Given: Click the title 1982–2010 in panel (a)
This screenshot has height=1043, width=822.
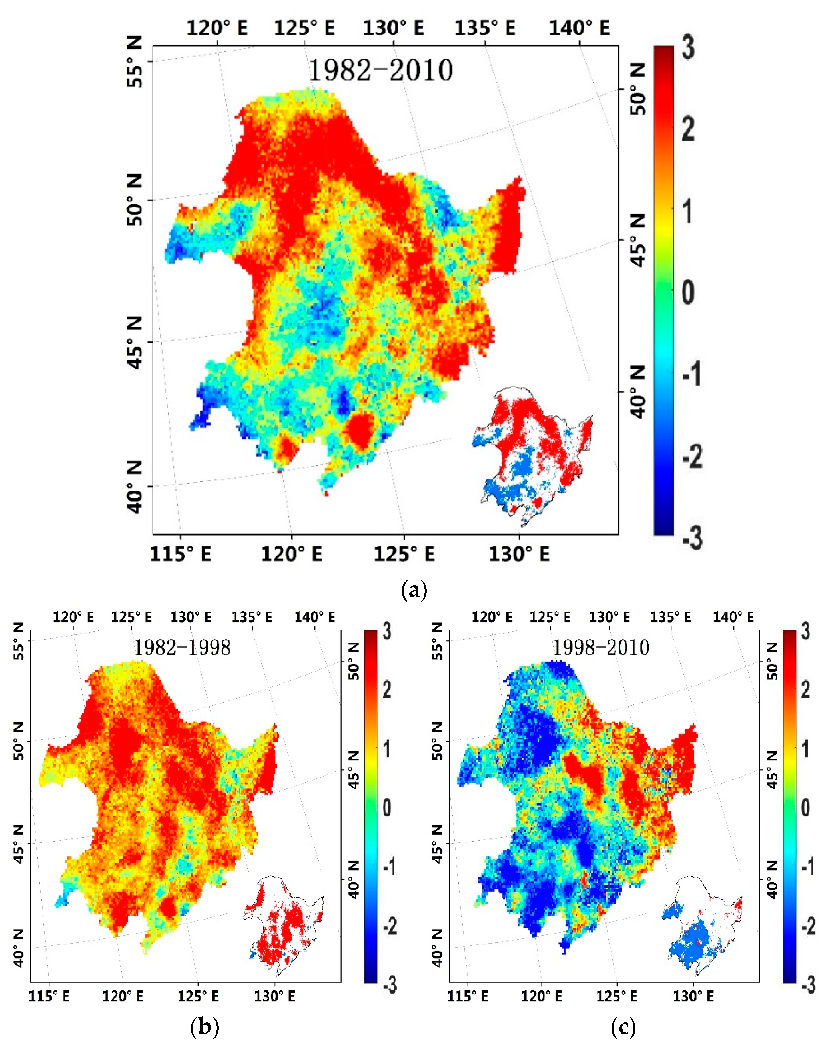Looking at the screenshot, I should (x=380, y=71).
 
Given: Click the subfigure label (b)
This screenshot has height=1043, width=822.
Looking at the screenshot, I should (x=205, y=1028).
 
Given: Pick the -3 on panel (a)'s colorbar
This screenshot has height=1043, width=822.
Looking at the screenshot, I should (x=692, y=538).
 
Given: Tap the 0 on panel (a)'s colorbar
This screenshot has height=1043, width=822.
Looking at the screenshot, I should (x=688, y=293).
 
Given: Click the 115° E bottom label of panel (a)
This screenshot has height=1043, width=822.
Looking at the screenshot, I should (x=180, y=554).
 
